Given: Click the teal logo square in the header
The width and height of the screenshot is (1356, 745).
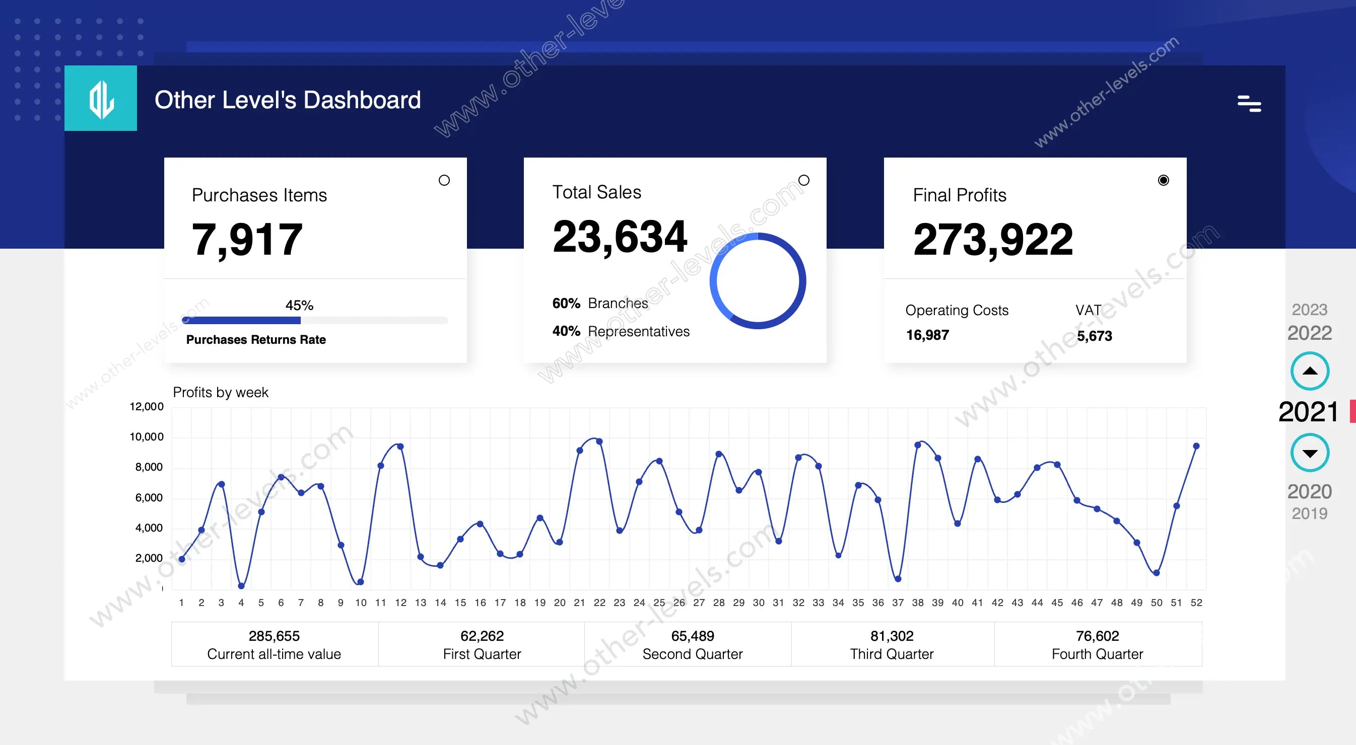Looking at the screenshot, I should tap(101, 98).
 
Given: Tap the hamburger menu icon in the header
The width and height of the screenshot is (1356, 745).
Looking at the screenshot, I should tap(1249, 104).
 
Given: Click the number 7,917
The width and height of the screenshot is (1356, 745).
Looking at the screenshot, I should tap(247, 240).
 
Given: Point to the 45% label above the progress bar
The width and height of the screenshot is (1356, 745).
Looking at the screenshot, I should tap(299, 305).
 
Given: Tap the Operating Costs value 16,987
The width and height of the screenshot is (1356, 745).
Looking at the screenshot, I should tap(927, 335).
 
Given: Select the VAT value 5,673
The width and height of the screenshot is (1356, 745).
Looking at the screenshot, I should tap(1094, 336).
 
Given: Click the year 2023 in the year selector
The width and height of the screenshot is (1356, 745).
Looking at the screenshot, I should tap(1309, 310).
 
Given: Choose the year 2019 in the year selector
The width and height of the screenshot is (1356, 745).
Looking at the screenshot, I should tap(1309, 513).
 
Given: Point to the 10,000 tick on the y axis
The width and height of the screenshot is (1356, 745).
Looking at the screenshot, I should tap(147, 437).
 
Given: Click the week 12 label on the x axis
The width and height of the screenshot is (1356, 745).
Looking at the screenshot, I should tap(400, 603).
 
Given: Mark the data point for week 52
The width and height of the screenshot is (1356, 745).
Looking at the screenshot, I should tap(1196, 446).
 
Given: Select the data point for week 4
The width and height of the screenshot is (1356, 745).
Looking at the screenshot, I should tap(241, 585).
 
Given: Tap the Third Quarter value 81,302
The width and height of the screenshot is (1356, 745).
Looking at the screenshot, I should tap(892, 636).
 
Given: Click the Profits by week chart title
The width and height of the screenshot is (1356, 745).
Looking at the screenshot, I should tap(221, 393).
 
